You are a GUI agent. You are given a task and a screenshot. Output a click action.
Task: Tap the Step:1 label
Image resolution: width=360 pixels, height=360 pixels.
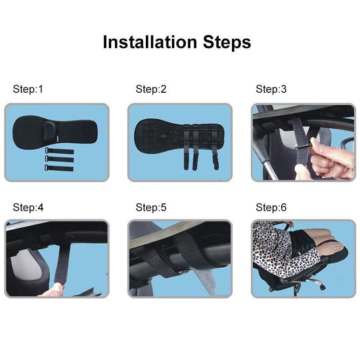click(x=28, y=89)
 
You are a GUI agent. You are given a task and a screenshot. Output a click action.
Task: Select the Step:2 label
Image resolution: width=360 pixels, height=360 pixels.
click(x=151, y=89)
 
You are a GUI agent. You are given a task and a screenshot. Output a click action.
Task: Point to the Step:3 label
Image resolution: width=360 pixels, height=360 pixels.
click(x=271, y=89)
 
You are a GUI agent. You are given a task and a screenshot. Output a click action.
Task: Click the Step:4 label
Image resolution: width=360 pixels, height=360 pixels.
click(x=28, y=207)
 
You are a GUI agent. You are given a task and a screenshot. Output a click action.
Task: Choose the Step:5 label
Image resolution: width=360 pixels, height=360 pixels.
click(x=151, y=207)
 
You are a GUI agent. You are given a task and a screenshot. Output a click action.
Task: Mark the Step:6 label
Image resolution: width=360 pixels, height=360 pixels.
click(x=271, y=207)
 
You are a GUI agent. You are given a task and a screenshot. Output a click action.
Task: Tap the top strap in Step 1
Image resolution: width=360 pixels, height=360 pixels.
click(x=59, y=151)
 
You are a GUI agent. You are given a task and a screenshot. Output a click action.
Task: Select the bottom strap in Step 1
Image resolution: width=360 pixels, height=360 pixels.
click(x=59, y=168)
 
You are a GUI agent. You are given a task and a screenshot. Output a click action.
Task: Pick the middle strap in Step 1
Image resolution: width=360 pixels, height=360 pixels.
click(x=59, y=159)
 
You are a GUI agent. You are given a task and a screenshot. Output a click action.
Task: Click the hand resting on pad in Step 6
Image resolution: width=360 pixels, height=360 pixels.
click(x=333, y=247)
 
